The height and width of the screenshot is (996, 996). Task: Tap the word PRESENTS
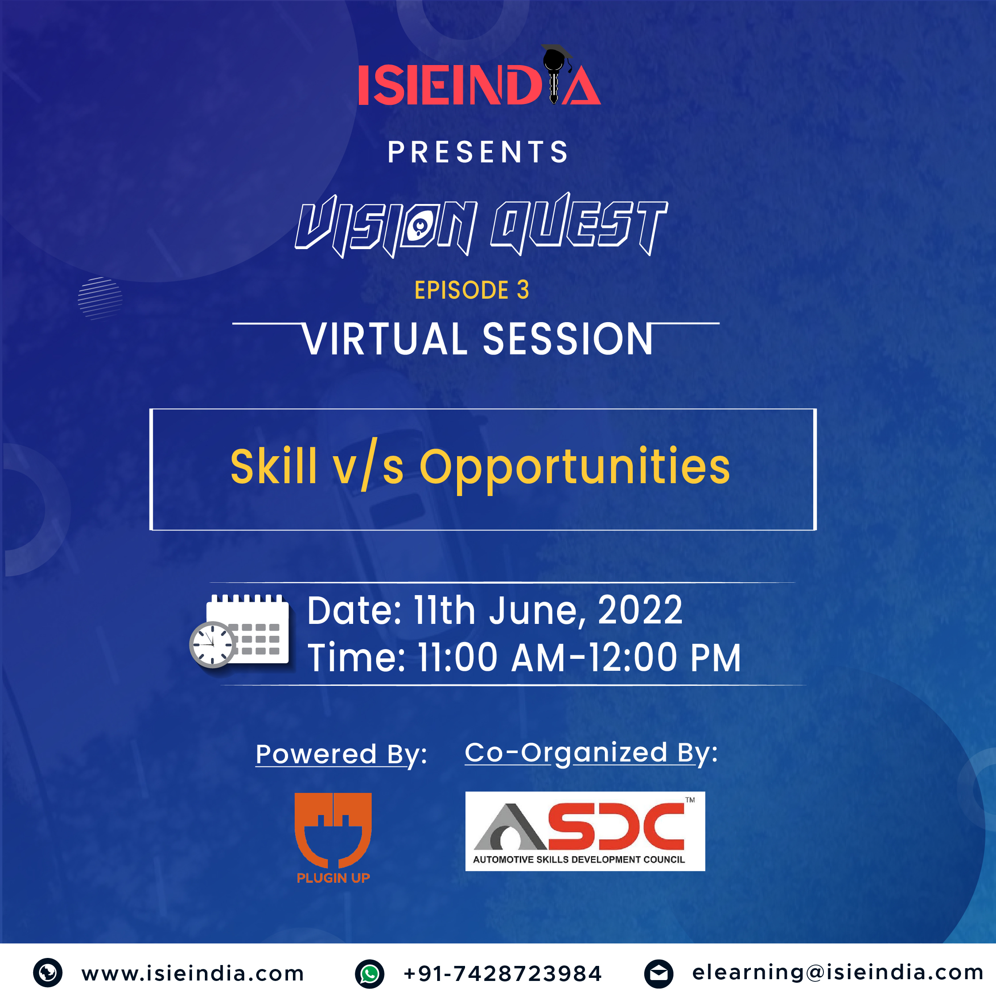(x=478, y=152)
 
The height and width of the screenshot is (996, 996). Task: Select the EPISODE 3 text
(x=472, y=290)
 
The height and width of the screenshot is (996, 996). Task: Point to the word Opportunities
(x=575, y=469)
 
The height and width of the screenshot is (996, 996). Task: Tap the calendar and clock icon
(x=240, y=631)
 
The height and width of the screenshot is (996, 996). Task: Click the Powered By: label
(x=341, y=755)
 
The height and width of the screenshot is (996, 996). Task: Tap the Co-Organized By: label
(x=591, y=753)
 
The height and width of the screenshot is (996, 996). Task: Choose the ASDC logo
(x=585, y=831)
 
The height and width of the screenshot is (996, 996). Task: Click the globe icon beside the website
(x=48, y=973)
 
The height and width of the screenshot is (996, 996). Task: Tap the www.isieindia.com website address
(x=193, y=973)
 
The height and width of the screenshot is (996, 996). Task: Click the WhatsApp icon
(x=369, y=974)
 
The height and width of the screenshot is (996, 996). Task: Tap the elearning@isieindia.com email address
(x=838, y=972)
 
